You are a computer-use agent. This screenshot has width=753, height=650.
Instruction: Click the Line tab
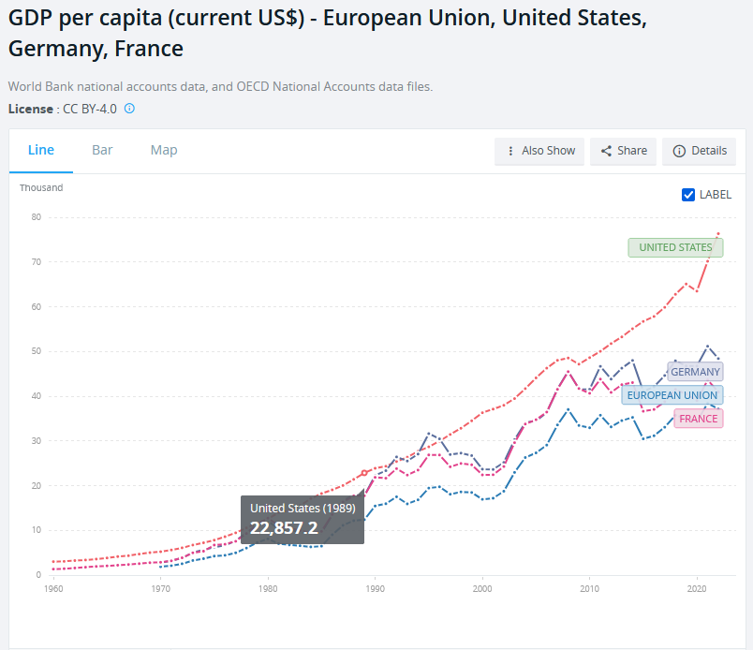click(41, 150)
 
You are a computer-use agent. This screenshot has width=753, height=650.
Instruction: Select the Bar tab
click(102, 150)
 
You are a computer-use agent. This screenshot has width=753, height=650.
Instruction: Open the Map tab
click(164, 150)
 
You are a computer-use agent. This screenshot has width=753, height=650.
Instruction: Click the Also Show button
click(539, 151)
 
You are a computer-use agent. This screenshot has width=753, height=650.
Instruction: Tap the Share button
click(624, 151)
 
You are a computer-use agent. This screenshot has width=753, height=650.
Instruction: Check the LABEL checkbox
click(688, 195)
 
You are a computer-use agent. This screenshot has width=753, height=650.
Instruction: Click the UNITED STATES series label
click(675, 247)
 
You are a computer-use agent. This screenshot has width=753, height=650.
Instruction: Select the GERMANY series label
click(695, 372)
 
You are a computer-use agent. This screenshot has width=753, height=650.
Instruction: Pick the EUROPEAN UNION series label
click(672, 395)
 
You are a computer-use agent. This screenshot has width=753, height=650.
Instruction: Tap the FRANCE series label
click(699, 419)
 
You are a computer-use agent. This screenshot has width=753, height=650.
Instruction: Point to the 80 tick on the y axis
click(37, 217)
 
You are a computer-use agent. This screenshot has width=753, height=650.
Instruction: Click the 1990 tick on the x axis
click(376, 589)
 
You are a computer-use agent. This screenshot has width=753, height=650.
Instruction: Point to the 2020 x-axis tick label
click(696, 589)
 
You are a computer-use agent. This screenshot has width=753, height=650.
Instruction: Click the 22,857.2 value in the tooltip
click(284, 527)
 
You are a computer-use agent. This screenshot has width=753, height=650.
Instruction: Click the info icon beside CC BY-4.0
click(129, 109)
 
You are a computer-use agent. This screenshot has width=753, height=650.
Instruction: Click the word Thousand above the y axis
click(41, 187)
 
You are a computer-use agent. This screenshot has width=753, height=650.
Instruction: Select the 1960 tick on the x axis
click(54, 589)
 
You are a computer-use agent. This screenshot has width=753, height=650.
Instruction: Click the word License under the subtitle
click(30, 109)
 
